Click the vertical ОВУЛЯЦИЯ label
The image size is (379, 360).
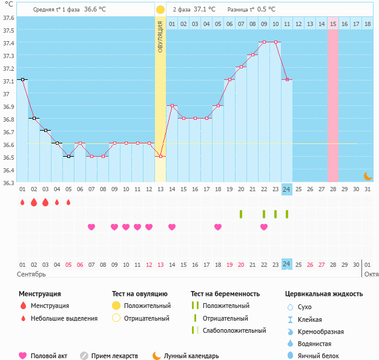(x=160, y=36)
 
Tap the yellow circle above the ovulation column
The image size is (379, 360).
(x=160, y=10)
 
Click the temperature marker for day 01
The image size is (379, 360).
(x=22, y=79)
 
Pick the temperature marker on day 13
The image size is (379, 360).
(x=160, y=156)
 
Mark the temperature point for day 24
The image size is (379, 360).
(x=287, y=79)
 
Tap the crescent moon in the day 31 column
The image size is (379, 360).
(x=367, y=175)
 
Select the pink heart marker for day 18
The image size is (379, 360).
(x=218, y=227)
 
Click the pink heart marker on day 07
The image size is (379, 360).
(x=91, y=227)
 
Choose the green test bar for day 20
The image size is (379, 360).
(x=241, y=214)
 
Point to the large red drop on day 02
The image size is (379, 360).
(x=34, y=202)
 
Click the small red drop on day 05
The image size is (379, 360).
(x=68, y=202)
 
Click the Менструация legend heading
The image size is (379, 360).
(x=39, y=294)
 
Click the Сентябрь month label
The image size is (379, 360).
(x=32, y=274)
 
